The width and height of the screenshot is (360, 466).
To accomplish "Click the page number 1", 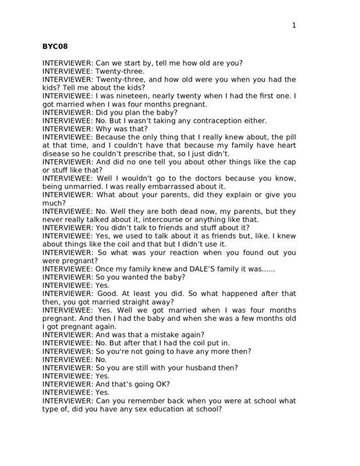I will pyautogui.click(x=294, y=25).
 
